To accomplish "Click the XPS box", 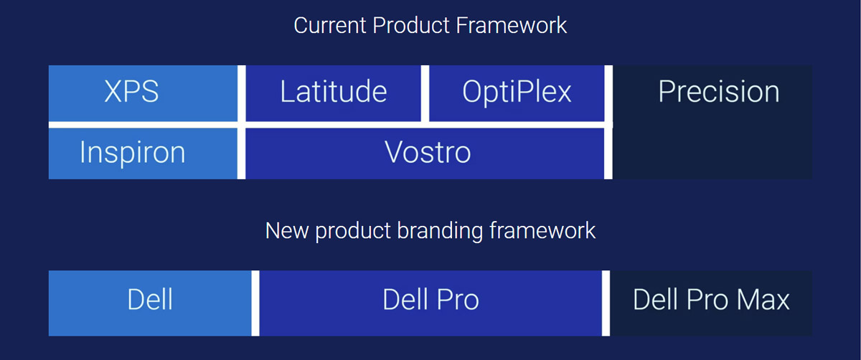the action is coord(143,93).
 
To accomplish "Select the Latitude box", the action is coord(333,93).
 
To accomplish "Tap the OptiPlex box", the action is coord(517,93).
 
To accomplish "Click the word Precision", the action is coord(719,92).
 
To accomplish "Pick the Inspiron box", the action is coord(143,153).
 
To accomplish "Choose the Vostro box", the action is coord(425,153).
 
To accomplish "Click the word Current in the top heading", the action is coord(330,25).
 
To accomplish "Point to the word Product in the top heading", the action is coord(411,26).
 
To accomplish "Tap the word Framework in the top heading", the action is coord(511,25).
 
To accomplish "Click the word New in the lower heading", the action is coord(287,231).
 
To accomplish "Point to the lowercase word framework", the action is coord(542,230).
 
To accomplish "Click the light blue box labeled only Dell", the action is coord(150,303).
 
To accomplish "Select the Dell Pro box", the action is coord(430,303).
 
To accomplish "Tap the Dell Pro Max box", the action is coord(711,303).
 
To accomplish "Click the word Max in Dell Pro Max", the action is coord(763,300).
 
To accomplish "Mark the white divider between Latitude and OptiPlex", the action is coord(425,93).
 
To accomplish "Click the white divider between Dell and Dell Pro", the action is coord(255,303).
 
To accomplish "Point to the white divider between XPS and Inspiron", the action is coord(143,125).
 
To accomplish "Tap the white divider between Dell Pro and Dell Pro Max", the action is coord(606,303).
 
